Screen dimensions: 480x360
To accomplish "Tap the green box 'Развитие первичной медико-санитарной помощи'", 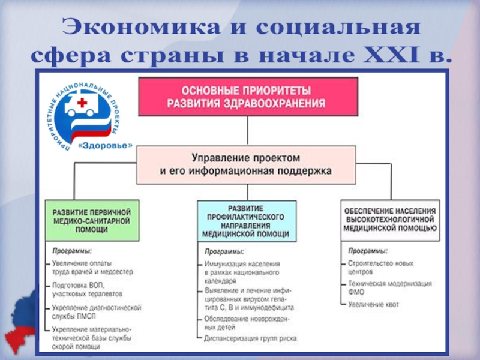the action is point(92,220).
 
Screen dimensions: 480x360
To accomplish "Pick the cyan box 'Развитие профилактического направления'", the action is point(246,220).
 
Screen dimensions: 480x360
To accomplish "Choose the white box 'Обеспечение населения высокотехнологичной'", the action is point(389,220).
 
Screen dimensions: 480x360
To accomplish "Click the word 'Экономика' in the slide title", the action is point(121,29).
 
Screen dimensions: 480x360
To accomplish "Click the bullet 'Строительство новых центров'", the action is point(380,268).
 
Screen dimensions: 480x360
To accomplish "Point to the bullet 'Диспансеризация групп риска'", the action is point(250,338).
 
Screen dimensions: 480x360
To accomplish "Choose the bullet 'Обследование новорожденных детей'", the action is point(248,323).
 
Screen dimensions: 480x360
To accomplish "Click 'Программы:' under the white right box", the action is point(368,251).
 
